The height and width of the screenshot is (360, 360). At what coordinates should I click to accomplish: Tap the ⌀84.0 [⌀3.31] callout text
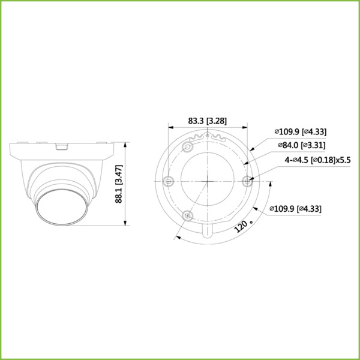301,146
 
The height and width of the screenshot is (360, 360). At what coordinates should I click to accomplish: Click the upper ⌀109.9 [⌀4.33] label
300,132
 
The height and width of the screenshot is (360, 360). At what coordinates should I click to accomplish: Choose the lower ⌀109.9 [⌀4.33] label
296,209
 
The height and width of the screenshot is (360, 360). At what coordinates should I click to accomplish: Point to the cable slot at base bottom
208,230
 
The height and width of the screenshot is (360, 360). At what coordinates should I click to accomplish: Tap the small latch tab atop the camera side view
61,145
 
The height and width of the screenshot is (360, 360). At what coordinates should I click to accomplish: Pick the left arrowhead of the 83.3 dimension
170,127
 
